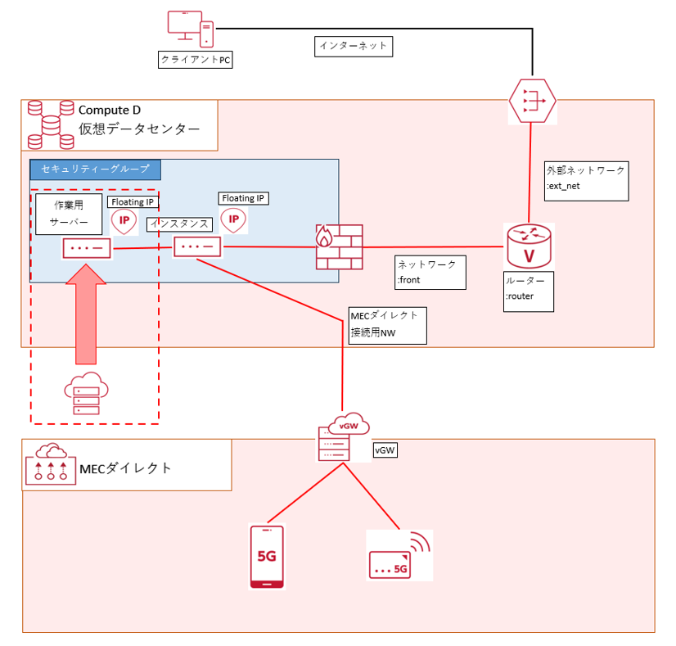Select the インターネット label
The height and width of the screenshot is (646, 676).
click(x=353, y=46)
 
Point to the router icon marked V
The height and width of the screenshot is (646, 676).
click(x=528, y=246)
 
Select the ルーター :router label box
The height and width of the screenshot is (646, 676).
click(x=529, y=292)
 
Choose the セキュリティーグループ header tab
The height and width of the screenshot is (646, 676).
click(x=96, y=169)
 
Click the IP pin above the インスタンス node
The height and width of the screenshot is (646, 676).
click(x=234, y=219)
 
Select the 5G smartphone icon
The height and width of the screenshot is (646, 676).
click(x=267, y=557)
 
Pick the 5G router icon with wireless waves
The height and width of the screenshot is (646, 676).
click(x=398, y=555)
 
